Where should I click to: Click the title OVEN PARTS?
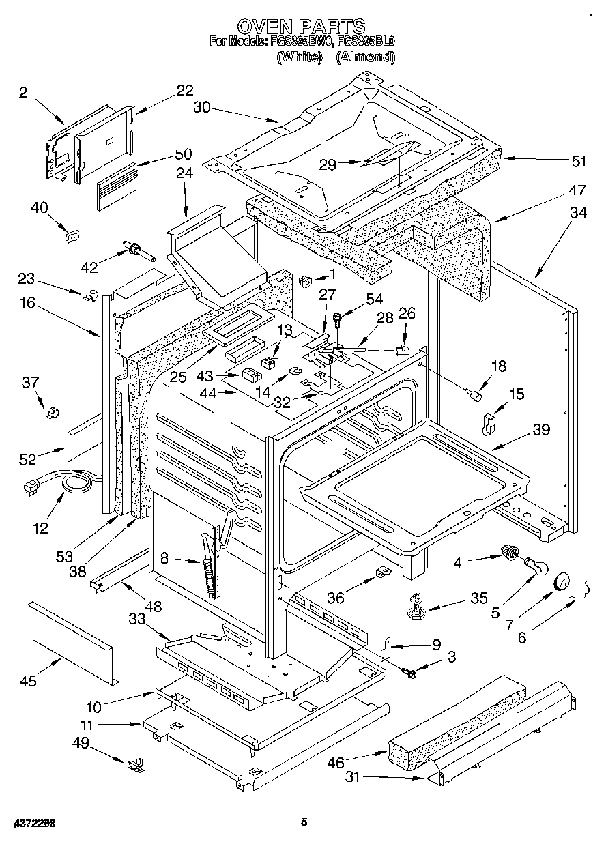300,27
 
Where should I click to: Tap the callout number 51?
579,162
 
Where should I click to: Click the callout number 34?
577,213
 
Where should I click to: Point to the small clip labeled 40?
70,236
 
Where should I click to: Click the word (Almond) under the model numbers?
366,57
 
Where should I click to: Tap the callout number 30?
202,106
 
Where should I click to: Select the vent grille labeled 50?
115,186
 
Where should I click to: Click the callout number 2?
23,93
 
